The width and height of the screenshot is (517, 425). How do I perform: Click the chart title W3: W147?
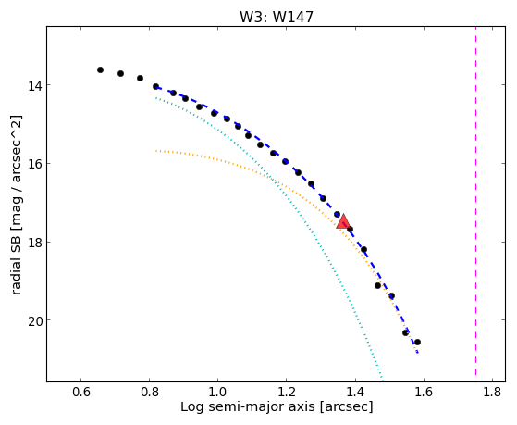(276, 17)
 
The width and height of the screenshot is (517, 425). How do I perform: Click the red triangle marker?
(343, 221)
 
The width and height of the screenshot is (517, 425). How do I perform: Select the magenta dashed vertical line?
(475, 201)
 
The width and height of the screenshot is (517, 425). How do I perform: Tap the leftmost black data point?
(100, 69)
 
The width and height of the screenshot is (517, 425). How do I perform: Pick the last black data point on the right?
(417, 342)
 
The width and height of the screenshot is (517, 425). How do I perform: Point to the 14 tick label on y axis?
(35, 86)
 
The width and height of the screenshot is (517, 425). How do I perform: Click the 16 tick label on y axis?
(35, 164)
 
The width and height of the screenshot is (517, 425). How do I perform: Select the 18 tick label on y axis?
(35, 243)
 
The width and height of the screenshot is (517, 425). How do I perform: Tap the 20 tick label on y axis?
(35, 321)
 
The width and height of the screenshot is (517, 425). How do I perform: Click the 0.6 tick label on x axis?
(80, 392)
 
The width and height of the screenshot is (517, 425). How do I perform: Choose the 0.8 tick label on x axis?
(149, 392)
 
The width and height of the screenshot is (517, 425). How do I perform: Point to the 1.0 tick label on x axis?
(218, 392)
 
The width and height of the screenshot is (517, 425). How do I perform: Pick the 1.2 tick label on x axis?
(287, 392)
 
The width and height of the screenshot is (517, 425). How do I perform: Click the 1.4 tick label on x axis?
(355, 392)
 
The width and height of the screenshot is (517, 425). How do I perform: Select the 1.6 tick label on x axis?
(424, 392)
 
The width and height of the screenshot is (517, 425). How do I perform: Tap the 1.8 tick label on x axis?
(492, 392)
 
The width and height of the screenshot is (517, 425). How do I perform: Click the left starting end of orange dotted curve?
(156, 151)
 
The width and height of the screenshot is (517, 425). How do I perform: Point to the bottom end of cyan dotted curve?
(382, 380)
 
